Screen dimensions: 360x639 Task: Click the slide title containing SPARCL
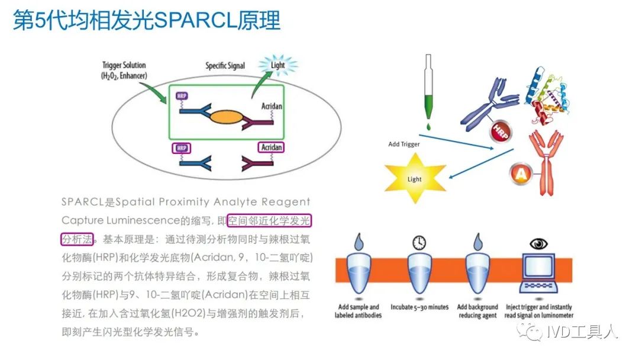tap(146, 21)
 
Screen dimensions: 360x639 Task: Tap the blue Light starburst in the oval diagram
tap(277, 66)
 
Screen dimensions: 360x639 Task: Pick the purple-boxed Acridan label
tap(271, 147)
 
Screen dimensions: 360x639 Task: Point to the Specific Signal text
tap(225, 66)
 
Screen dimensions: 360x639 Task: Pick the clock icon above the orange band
tap(419, 242)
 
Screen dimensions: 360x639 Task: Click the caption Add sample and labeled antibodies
tap(358, 311)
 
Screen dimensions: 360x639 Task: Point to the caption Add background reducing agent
tap(478, 311)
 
